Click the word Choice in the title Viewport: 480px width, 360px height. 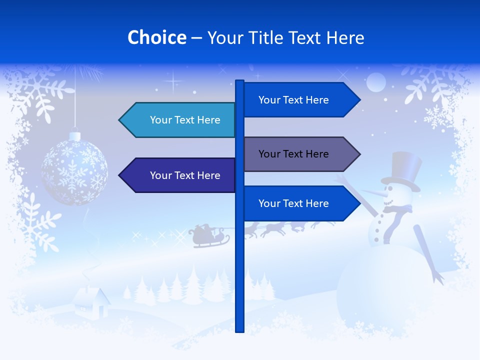point(156,38)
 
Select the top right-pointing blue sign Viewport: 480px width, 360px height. point(300,100)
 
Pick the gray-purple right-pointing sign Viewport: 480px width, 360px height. point(300,154)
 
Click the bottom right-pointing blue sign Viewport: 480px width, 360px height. point(300,203)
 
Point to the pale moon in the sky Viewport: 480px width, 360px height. point(376,82)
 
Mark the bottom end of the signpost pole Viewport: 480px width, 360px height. point(239,327)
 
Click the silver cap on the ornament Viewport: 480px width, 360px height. point(74,135)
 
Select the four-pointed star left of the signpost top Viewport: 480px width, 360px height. point(173,80)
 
